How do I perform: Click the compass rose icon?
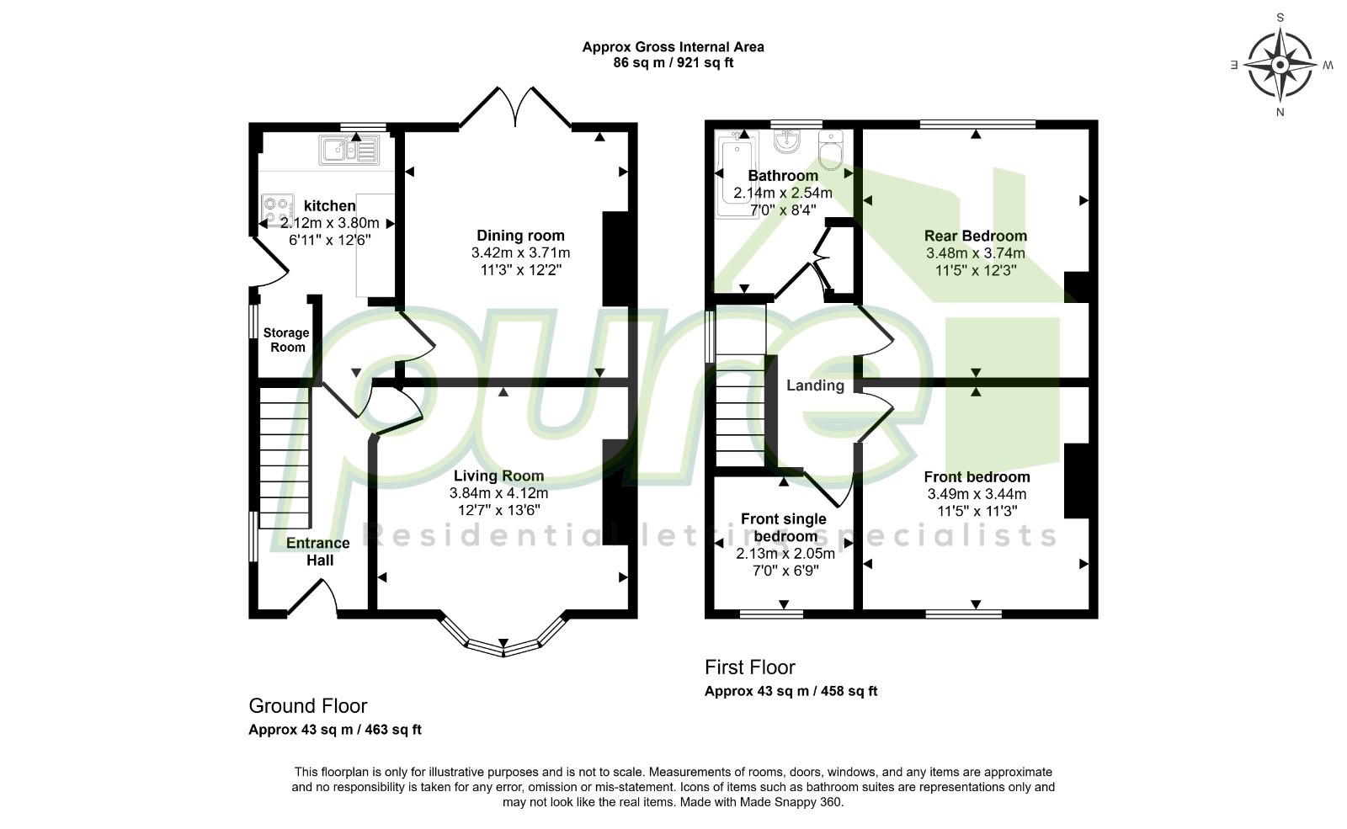click(1280, 65)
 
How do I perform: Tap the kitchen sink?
click(349, 150)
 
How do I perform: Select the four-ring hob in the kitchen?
click(277, 210)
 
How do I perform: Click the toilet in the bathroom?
click(830, 151)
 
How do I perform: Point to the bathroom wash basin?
click(787, 141)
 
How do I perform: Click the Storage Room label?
click(287, 340)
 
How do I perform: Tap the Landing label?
click(815, 385)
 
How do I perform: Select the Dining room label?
click(521, 236)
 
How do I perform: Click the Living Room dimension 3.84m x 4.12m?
click(499, 493)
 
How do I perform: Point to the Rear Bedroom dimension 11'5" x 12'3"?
click(976, 270)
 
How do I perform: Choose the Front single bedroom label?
click(784, 527)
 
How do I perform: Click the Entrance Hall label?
click(318, 551)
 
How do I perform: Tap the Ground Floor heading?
click(308, 705)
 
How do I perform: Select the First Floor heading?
click(750, 667)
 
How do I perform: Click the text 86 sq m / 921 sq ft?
click(673, 62)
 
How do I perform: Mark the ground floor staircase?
click(284, 458)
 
